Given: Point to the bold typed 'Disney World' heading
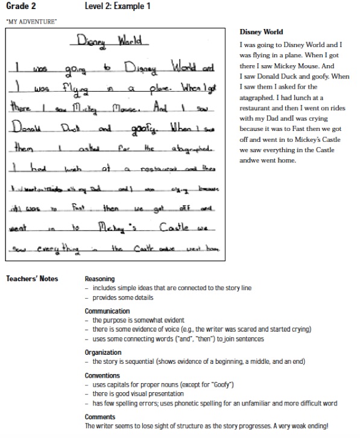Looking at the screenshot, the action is pos(261,32).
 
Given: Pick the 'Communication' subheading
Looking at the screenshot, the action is pos(107,311).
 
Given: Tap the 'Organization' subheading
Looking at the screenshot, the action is pos(103,352).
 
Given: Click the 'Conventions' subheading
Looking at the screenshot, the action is pos(103,376).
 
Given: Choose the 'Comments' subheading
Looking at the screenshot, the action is pos(99,417).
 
